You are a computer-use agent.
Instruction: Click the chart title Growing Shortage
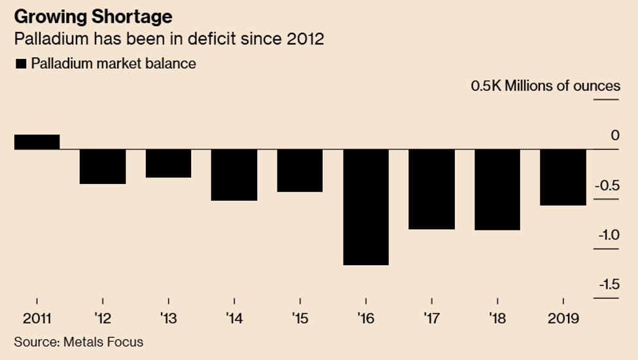pos(93,16)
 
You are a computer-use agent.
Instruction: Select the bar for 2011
pos(37,142)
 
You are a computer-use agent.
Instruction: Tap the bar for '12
pos(103,166)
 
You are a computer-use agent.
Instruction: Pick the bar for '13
pos(168,163)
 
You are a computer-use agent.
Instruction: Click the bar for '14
pos(234,175)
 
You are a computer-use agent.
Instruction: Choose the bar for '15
pos(300,170)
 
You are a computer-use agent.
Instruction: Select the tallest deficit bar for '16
pos(365,207)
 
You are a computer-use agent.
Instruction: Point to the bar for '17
pos(431,189)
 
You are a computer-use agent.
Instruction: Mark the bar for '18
pos(497,190)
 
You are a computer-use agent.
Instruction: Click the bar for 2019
pos(563,177)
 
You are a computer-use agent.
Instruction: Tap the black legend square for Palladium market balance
pos(21,63)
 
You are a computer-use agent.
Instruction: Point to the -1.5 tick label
pos(607,284)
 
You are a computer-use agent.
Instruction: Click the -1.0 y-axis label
pos(607,235)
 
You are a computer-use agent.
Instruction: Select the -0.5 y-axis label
pos(607,185)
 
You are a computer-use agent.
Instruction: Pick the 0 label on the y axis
pos(614,135)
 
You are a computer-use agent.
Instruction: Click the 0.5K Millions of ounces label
pos(545,86)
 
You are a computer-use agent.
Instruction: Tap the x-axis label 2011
pos(37,318)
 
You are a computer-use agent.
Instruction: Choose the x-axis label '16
pos(365,318)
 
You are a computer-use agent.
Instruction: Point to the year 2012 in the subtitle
pos(305,39)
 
